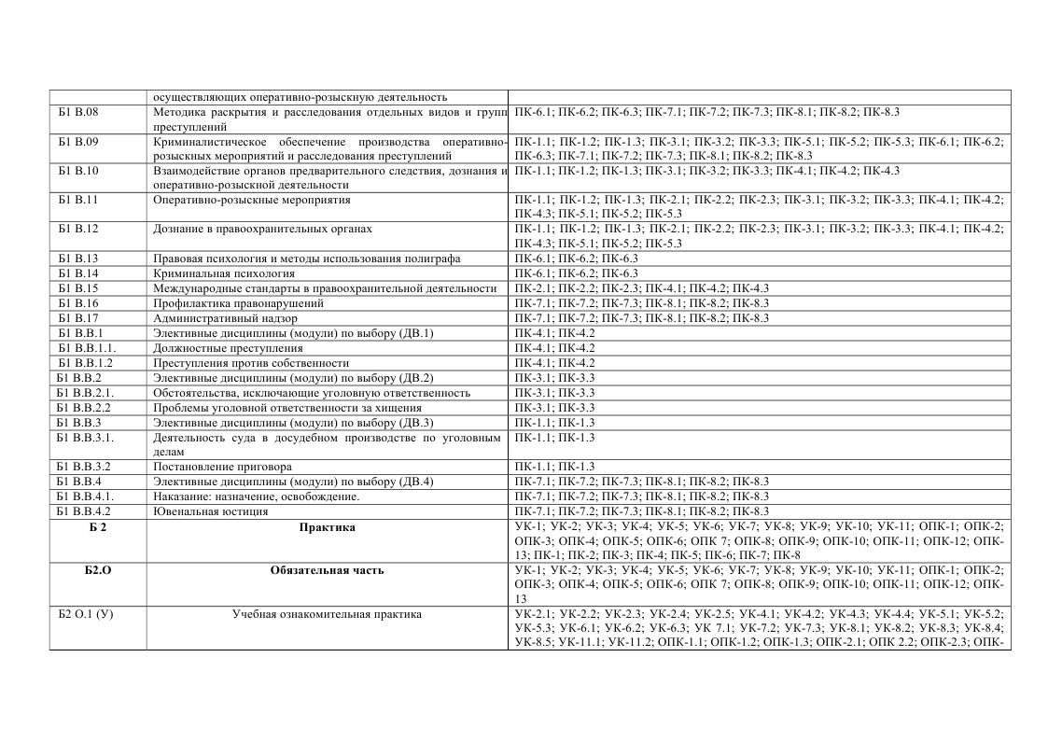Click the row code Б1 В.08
pyautogui.click(x=78, y=112)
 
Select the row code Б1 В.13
pyautogui.click(x=78, y=259)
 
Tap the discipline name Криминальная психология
pyautogui.click(x=224, y=273)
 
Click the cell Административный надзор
pyautogui.click(x=225, y=318)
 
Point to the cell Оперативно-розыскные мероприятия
pyautogui.click(x=252, y=200)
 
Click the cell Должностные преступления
pyautogui.click(x=229, y=348)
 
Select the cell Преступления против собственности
pyautogui.click(x=251, y=363)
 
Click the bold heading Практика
pyautogui.click(x=327, y=527)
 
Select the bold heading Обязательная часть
pyautogui.click(x=327, y=570)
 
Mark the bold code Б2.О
pyautogui.click(x=98, y=570)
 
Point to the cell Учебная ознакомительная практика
pyautogui.click(x=327, y=614)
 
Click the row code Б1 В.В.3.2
pyautogui.click(x=85, y=467)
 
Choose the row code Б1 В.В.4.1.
pyautogui.click(x=86, y=496)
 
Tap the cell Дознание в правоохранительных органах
pyautogui.click(x=262, y=229)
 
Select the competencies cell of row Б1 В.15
pyautogui.click(x=641, y=288)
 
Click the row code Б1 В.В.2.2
pyautogui.click(x=85, y=408)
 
